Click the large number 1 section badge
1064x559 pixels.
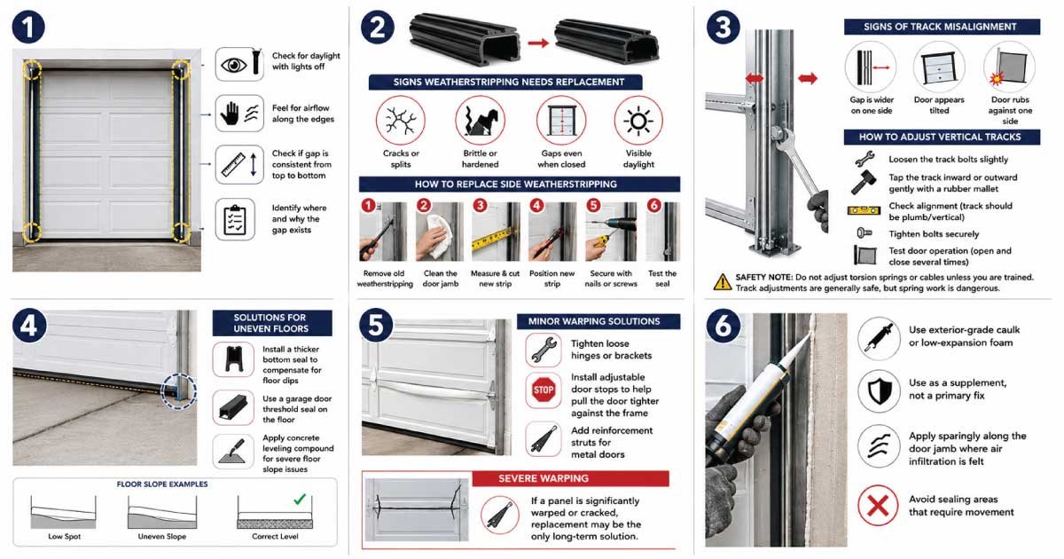click(x=28, y=28)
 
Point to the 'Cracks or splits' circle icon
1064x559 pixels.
click(x=401, y=121)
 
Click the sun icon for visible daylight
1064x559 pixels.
click(x=638, y=121)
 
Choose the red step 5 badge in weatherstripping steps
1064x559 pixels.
click(x=593, y=205)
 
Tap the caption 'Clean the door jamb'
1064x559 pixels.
click(x=441, y=279)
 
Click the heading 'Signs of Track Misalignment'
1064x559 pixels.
click(x=942, y=27)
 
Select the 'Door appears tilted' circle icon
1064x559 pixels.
click(x=939, y=67)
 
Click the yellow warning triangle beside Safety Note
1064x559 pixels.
click(x=723, y=282)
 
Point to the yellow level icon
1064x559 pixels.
click(x=864, y=210)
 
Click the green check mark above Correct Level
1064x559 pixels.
click(x=300, y=499)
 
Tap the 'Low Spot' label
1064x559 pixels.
click(x=64, y=536)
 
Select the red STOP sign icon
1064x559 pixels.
click(x=544, y=390)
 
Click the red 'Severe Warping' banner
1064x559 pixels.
click(x=571, y=478)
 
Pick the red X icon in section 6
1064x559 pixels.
click(x=878, y=505)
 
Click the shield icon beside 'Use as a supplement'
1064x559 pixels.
click(x=880, y=391)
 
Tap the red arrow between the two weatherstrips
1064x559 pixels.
click(x=538, y=43)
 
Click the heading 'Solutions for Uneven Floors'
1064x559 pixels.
click(x=271, y=323)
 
